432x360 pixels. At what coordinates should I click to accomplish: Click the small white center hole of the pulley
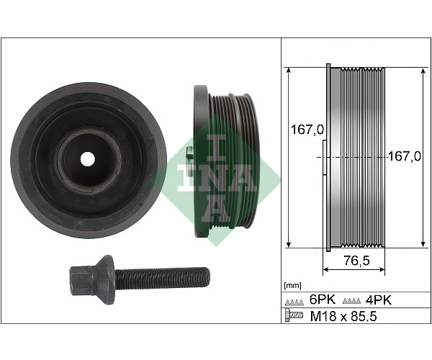[x=88, y=159]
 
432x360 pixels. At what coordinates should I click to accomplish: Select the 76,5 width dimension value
[x=356, y=260]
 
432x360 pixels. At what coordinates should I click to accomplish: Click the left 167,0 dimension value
[x=307, y=129]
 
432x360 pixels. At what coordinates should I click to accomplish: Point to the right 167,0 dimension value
[x=405, y=156]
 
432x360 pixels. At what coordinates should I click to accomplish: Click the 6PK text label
[x=323, y=300]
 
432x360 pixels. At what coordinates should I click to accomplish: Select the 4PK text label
[x=378, y=300]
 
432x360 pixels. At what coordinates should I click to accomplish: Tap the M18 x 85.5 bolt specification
[x=343, y=317]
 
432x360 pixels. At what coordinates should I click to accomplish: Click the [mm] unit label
[x=292, y=285]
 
